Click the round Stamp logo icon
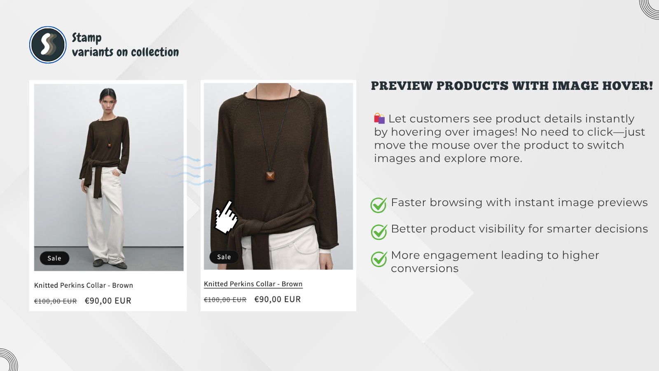pyautogui.click(x=48, y=45)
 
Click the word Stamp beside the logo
pyautogui.click(x=87, y=38)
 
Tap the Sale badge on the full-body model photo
pyautogui.click(x=54, y=258)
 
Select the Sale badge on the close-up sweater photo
pyautogui.click(x=224, y=257)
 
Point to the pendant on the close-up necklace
pyautogui.click(x=270, y=175)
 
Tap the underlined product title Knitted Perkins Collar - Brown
pyautogui.click(x=253, y=284)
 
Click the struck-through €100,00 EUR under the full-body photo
pyautogui.click(x=56, y=301)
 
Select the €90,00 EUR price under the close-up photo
pyautogui.click(x=278, y=299)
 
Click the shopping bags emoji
pyautogui.click(x=379, y=118)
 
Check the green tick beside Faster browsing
pyautogui.click(x=379, y=205)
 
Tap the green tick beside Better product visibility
pyautogui.click(x=379, y=232)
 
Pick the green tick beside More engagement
pyautogui.click(x=379, y=259)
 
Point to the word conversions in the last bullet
pyautogui.click(x=425, y=268)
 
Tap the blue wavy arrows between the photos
pyautogui.click(x=188, y=171)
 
